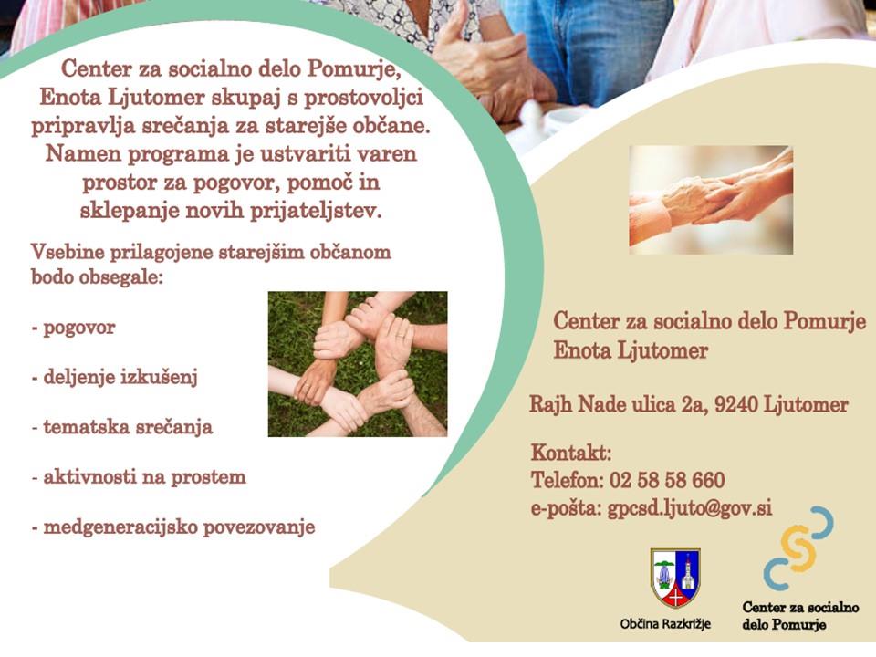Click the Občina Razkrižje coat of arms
[x=675, y=578]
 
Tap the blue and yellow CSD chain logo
[x=798, y=548]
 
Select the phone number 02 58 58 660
[x=667, y=480]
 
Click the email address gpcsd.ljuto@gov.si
[x=690, y=508]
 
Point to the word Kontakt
[x=571, y=452]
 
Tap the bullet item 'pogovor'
[x=73, y=328]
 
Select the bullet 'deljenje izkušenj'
[x=115, y=378]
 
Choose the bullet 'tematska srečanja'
[x=121, y=427]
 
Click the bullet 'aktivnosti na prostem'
[x=139, y=477]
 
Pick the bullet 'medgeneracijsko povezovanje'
[x=173, y=527]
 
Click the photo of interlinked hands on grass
[x=358, y=364]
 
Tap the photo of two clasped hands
[x=711, y=200]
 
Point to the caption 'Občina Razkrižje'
[x=665, y=624]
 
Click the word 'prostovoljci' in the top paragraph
[x=364, y=98]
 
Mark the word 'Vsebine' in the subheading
[x=68, y=252]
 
